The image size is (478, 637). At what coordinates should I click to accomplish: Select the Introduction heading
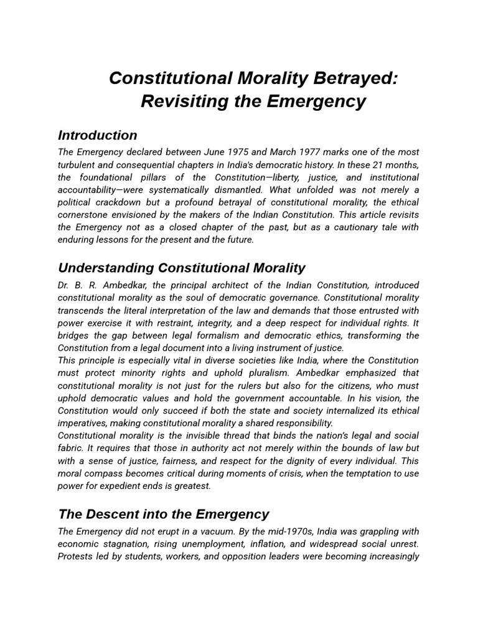98,135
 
